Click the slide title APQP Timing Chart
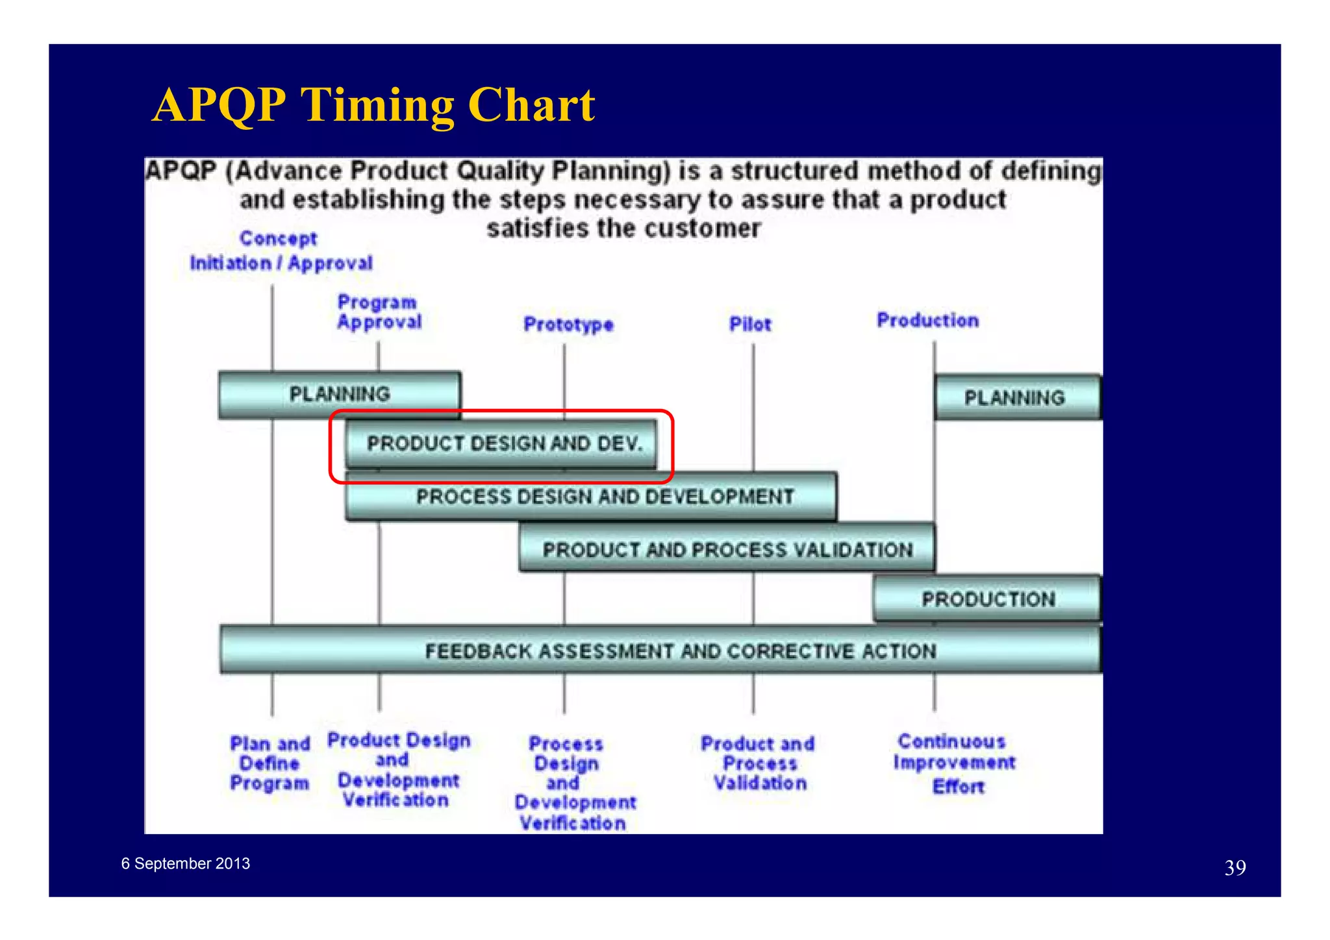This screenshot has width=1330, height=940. (373, 105)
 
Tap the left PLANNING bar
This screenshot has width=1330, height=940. (339, 394)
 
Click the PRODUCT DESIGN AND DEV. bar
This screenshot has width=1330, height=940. (503, 443)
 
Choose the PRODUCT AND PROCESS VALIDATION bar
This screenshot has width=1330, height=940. (727, 549)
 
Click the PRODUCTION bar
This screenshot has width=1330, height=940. (987, 599)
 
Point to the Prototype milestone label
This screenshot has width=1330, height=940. (568, 324)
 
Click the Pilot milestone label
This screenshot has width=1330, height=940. (750, 324)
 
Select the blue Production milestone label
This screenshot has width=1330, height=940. (927, 320)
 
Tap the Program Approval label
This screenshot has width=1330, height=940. (379, 312)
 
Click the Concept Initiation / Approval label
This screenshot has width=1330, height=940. (281, 251)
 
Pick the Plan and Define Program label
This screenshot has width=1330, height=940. (270, 763)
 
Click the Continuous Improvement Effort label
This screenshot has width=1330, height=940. (953, 763)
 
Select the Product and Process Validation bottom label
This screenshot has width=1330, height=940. (758, 763)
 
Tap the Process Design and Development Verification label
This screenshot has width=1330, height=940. (573, 784)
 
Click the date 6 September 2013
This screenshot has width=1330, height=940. (186, 863)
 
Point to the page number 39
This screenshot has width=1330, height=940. (1235, 868)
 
